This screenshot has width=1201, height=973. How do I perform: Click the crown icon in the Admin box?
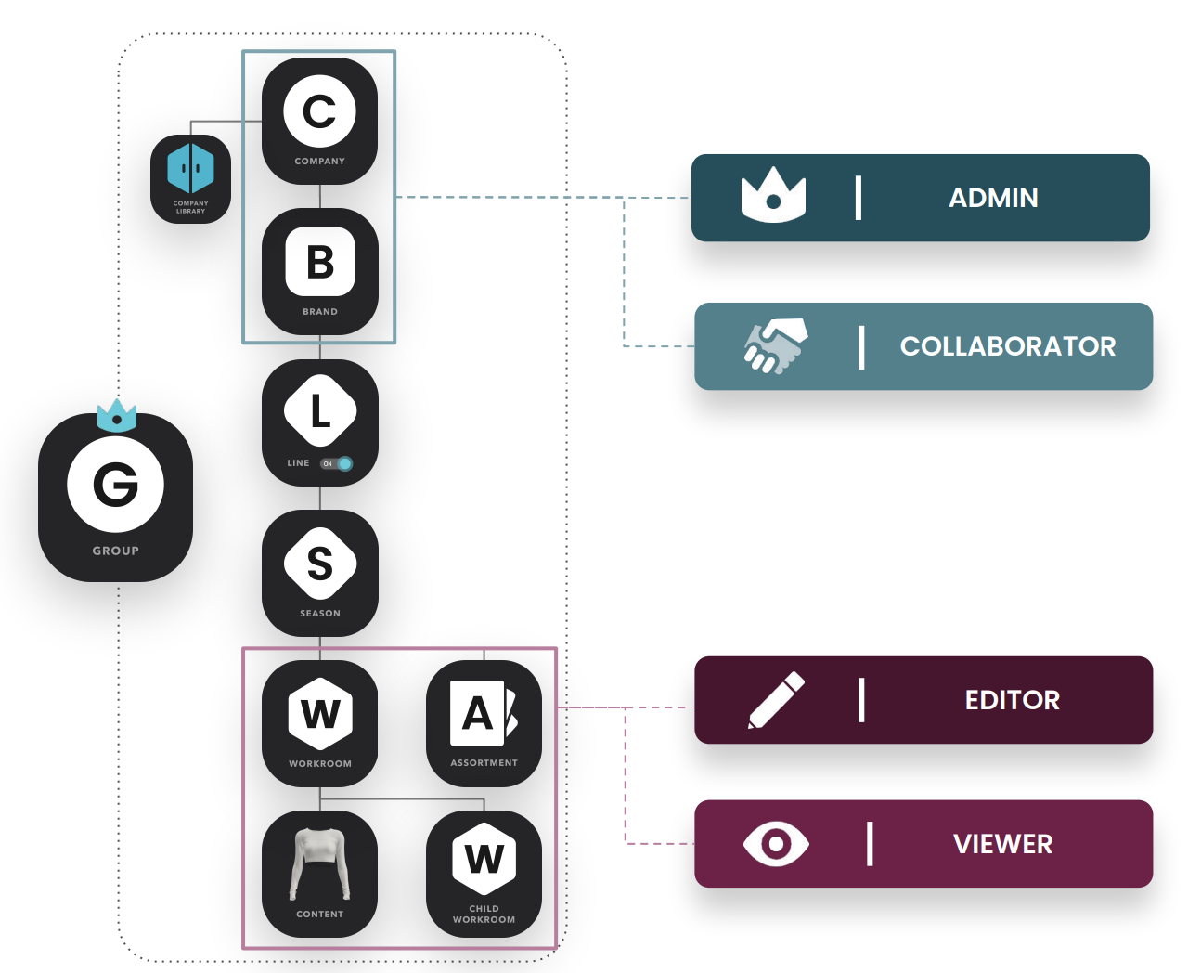pyautogui.click(x=773, y=195)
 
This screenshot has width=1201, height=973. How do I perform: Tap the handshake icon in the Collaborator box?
pyautogui.click(x=776, y=345)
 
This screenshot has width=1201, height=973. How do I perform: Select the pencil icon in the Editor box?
pyautogui.click(x=776, y=699)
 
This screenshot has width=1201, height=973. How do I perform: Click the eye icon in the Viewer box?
pyautogui.click(x=776, y=843)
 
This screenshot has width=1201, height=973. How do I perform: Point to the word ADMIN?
pyautogui.click(x=993, y=198)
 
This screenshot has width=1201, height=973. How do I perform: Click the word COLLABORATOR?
pyautogui.click(x=1008, y=346)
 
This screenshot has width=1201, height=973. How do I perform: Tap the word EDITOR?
pyautogui.click(x=1012, y=700)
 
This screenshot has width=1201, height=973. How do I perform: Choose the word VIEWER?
pyautogui.click(x=1002, y=844)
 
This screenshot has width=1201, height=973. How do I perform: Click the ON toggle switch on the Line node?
pyautogui.click(x=337, y=463)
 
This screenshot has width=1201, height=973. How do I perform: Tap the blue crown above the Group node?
pyautogui.click(x=117, y=416)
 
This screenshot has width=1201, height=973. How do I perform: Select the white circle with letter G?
pyautogui.click(x=116, y=484)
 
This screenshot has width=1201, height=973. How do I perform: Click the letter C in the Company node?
pyautogui.click(x=319, y=111)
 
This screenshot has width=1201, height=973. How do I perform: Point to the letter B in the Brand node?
pyautogui.click(x=320, y=263)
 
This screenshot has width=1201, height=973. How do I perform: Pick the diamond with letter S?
pyautogui.click(x=320, y=563)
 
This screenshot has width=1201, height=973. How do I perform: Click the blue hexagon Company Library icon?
pyautogui.click(x=190, y=168)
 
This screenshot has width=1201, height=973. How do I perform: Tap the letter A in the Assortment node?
pyautogui.click(x=477, y=714)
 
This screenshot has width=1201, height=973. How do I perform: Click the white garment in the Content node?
pyautogui.click(x=319, y=863)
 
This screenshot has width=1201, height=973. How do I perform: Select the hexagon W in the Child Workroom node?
pyautogui.click(x=484, y=859)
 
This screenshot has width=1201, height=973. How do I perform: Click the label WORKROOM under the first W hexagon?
pyautogui.click(x=319, y=764)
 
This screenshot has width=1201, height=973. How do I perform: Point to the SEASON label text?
pyautogui.click(x=319, y=613)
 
